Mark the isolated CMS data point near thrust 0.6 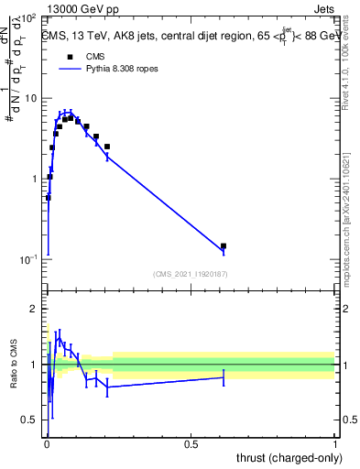(x=224, y=245)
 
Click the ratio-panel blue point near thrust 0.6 (x=224, y=377)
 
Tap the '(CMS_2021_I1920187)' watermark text (x=190, y=273)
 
